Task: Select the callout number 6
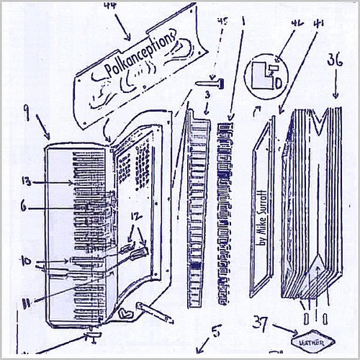coord(24,204)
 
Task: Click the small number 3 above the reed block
coord(206,95)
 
